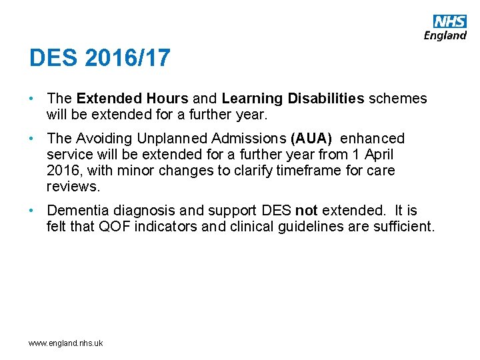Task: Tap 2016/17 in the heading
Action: click(x=128, y=58)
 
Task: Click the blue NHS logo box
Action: click(x=450, y=21)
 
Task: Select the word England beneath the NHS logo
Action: click(x=445, y=35)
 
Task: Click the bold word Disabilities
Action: click(x=326, y=99)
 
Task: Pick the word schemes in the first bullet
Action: click(x=397, y=99)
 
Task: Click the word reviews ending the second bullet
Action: click(x=73, y=187)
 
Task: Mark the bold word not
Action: click(x=307, y=211)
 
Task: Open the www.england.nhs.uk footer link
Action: click(x=65, y=343)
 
